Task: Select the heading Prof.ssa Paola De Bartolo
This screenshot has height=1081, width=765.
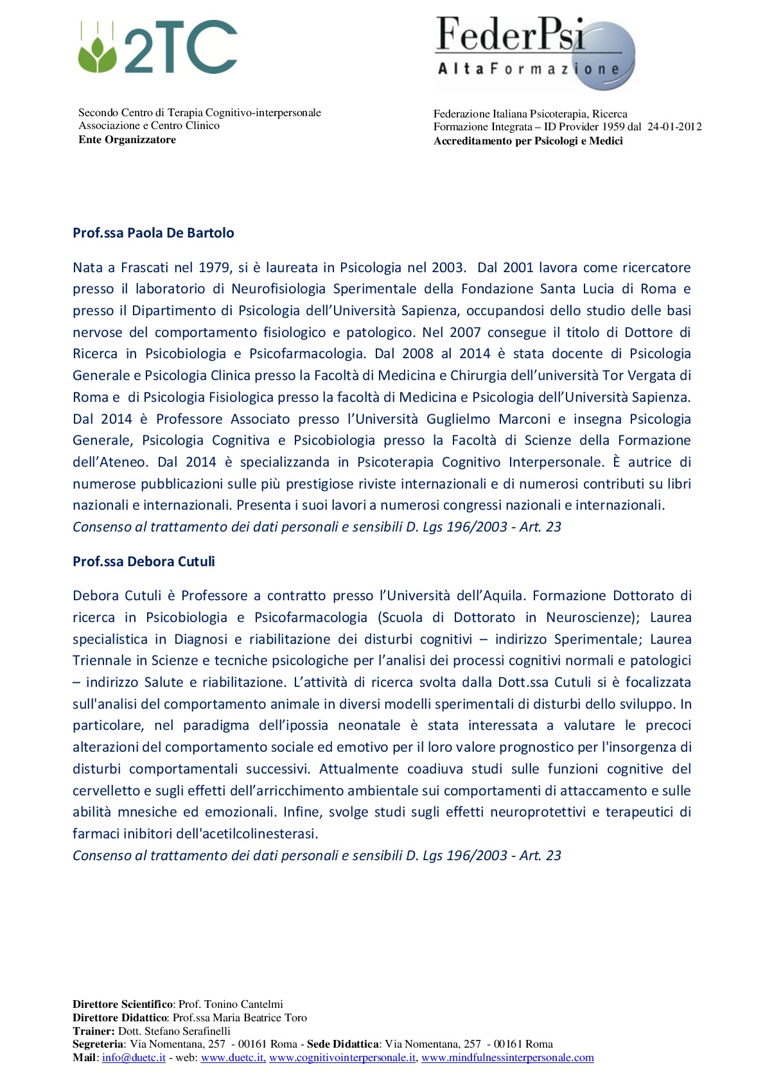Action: point(153,233)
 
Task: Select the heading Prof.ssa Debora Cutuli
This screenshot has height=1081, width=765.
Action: point(143,562)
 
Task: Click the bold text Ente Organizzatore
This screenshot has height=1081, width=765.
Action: point(127,140)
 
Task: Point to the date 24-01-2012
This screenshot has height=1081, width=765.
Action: point(674,127)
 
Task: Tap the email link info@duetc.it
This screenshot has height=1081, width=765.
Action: point(134,1058)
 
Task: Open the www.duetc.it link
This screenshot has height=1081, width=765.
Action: point(233,1058)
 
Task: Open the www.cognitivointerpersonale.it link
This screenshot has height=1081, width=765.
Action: point(342,1058)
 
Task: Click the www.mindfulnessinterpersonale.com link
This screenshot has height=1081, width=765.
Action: point(507,1058)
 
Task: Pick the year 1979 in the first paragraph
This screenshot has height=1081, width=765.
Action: point(215,268)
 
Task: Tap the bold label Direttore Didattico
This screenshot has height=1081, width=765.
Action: point(120,1017)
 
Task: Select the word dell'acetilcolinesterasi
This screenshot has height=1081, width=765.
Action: point(247,834)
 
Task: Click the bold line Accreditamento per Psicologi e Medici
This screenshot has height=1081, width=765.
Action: point(528,141)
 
